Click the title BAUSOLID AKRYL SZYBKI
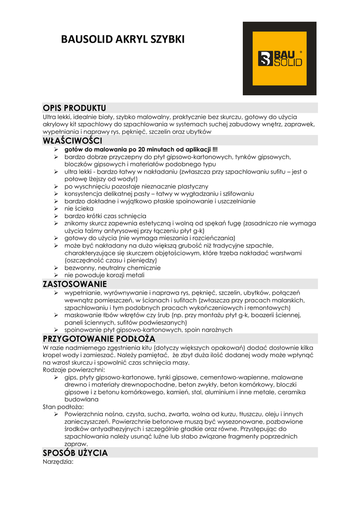(x=122, y=39)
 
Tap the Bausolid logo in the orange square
(x=279, y=59)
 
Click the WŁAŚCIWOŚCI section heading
(x=72, y=141)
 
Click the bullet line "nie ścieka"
(x=79, y=209)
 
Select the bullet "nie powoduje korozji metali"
(x=104, y=275)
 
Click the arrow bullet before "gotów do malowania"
(x=57, y=150)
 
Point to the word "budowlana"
(x=81, y=399)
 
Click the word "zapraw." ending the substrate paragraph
(x=76, y=444)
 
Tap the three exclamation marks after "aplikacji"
(x=215, y=150)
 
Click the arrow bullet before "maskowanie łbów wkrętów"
(x=57, y=315)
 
